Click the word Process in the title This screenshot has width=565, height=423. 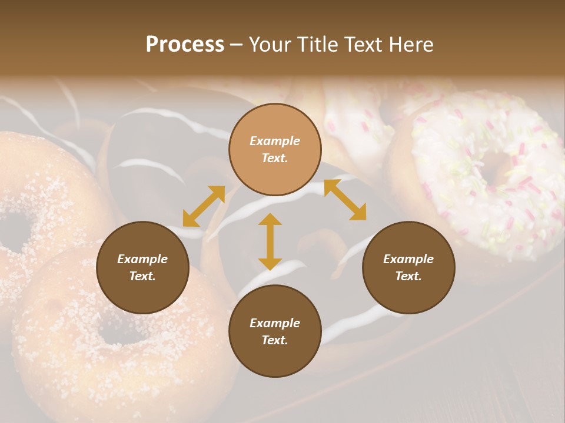185,44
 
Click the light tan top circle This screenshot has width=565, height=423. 275,149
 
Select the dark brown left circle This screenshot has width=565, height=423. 142,267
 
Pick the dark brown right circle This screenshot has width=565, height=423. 408,267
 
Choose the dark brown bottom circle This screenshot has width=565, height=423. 275,331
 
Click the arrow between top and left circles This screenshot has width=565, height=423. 204,206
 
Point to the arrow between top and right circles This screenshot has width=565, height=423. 345,200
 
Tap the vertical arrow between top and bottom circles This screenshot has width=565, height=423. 270,241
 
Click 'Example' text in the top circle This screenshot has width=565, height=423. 275,141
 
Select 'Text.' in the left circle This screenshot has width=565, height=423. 142,276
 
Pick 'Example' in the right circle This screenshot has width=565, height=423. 408,259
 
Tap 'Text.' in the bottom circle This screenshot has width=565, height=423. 275,340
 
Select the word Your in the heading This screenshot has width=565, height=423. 268,44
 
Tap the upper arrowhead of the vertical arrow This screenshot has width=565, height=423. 270,219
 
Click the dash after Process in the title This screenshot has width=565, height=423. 237,45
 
